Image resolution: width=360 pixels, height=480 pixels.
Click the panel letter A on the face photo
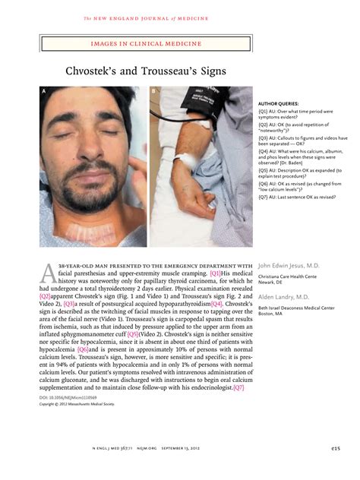click(44, 91)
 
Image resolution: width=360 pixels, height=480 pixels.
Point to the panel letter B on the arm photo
click(153, 91)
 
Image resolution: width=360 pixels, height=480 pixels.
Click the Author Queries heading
click(279, 103)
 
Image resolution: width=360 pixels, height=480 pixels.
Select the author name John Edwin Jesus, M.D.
click(289, 265)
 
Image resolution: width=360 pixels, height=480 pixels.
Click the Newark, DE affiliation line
click(273, 282)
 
